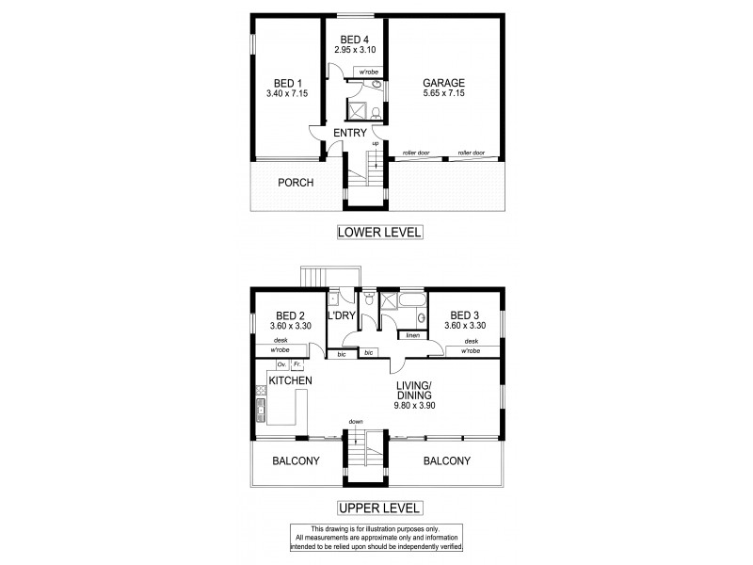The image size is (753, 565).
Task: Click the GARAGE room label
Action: click(444, 82)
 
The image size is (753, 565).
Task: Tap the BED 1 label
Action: click(281, 82)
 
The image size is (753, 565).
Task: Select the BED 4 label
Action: click(355, 39)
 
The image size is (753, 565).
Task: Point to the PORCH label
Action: click(296, 183)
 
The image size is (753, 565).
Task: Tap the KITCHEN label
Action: click(291, 379)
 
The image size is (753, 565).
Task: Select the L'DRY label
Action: click(341, 316)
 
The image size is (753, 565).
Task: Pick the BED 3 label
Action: click(466, 315)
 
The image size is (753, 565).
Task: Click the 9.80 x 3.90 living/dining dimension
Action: click(414, 406)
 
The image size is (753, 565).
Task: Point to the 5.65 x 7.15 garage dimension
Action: click(444, 94)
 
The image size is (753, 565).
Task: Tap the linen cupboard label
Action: click(412, 335)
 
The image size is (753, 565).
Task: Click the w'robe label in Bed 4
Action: click(365, 72)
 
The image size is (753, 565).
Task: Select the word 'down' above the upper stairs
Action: click(356, 421)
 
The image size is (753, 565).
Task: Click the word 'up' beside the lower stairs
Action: click(375, 143)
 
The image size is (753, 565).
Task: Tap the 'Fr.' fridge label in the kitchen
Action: click(296, 363)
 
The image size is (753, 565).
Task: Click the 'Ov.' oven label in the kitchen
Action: click(280, 363)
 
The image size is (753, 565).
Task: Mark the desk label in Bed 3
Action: click(472, 341)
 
